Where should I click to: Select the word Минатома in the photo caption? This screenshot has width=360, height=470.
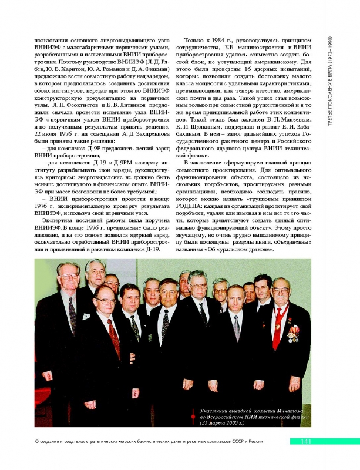(295, 409)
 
